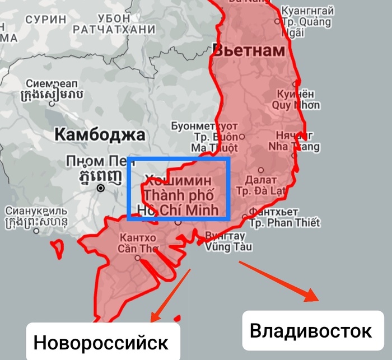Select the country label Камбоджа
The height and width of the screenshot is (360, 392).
click(100, 134)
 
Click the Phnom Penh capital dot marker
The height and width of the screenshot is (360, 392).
click(101, 189)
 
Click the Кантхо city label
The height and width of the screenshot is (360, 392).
click(137, 237)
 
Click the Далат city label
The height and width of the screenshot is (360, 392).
click(261, 180)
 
